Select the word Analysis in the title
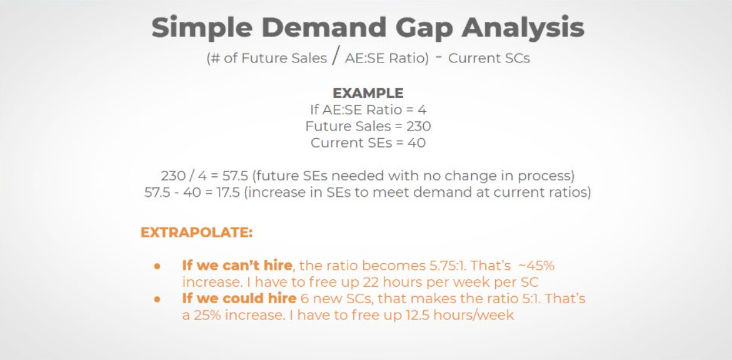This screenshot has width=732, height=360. [523, 27]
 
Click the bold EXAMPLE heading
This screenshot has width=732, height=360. [368, 92]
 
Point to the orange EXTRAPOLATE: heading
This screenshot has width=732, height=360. [196, 232]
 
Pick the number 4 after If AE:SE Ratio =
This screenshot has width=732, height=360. [422, 110]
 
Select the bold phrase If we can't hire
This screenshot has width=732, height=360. [237, 266]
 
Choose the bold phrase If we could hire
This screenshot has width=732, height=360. [239, 298]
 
